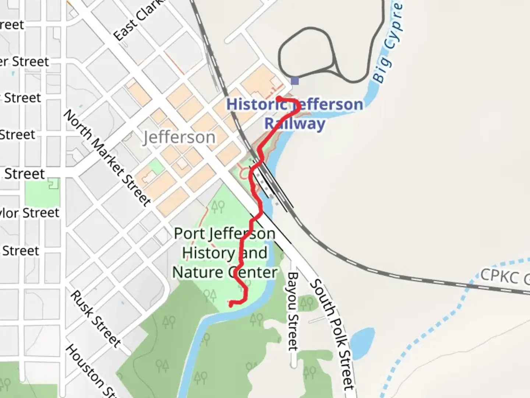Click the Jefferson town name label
pos(179,137)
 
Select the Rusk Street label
pos(95,319)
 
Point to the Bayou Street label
pos(293,311)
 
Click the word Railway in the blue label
pos(295,123)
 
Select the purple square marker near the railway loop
pos(295,81)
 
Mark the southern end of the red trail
pos(231,304)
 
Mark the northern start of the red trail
pos(279,98)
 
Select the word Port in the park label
pos(187,233)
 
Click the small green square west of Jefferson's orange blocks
pos(157,167)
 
